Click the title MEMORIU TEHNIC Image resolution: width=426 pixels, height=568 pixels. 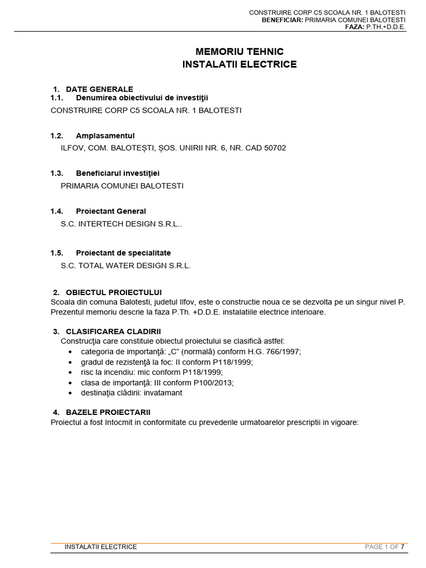click(x=239, y=52)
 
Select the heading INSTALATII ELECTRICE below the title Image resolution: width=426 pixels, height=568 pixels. click(x=239, y=64)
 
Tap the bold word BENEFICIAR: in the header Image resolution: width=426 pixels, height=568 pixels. click(x=282, y=19)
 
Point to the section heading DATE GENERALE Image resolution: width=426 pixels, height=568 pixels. click(x=99, y=89)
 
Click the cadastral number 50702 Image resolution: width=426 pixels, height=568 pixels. click(x=276, y=148)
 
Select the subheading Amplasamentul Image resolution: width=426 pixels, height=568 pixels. click(x=105, y=135)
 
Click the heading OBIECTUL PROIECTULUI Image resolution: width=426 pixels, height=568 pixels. click(x=114, y=292)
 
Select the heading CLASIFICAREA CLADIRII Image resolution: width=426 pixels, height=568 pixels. click(x=113, y=331)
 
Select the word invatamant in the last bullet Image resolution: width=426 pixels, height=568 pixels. click(x=161, y=393)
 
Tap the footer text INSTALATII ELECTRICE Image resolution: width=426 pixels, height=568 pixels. click(x=100, y=546)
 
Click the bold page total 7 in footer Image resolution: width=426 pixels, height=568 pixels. click(x=403, y=546)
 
